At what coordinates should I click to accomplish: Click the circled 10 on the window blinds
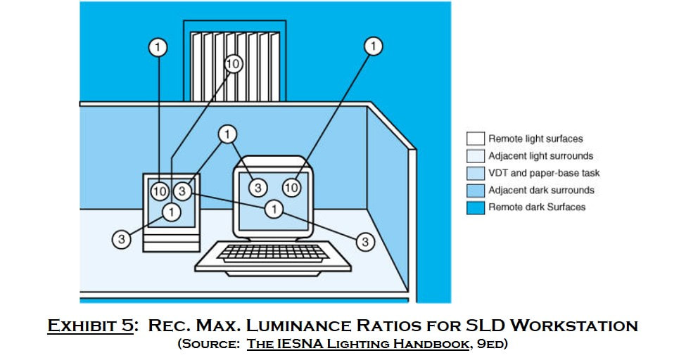233,64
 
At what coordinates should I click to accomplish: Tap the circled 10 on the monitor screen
291,188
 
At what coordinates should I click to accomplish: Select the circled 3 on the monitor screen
258,188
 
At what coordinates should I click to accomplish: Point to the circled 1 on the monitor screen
274,209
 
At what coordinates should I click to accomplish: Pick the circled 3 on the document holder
182,191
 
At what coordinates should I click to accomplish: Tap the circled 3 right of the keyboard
365,242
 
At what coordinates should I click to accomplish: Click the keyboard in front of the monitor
273,258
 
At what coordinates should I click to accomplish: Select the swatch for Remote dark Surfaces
476,208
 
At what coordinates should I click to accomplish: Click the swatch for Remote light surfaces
476,139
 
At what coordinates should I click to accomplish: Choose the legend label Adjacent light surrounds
541,156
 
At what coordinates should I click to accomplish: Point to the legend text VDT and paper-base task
544,173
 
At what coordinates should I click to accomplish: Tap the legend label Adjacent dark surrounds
541,191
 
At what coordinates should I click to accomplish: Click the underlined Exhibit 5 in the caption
90,326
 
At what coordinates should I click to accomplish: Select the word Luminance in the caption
298,326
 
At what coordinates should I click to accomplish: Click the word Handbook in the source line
431,344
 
